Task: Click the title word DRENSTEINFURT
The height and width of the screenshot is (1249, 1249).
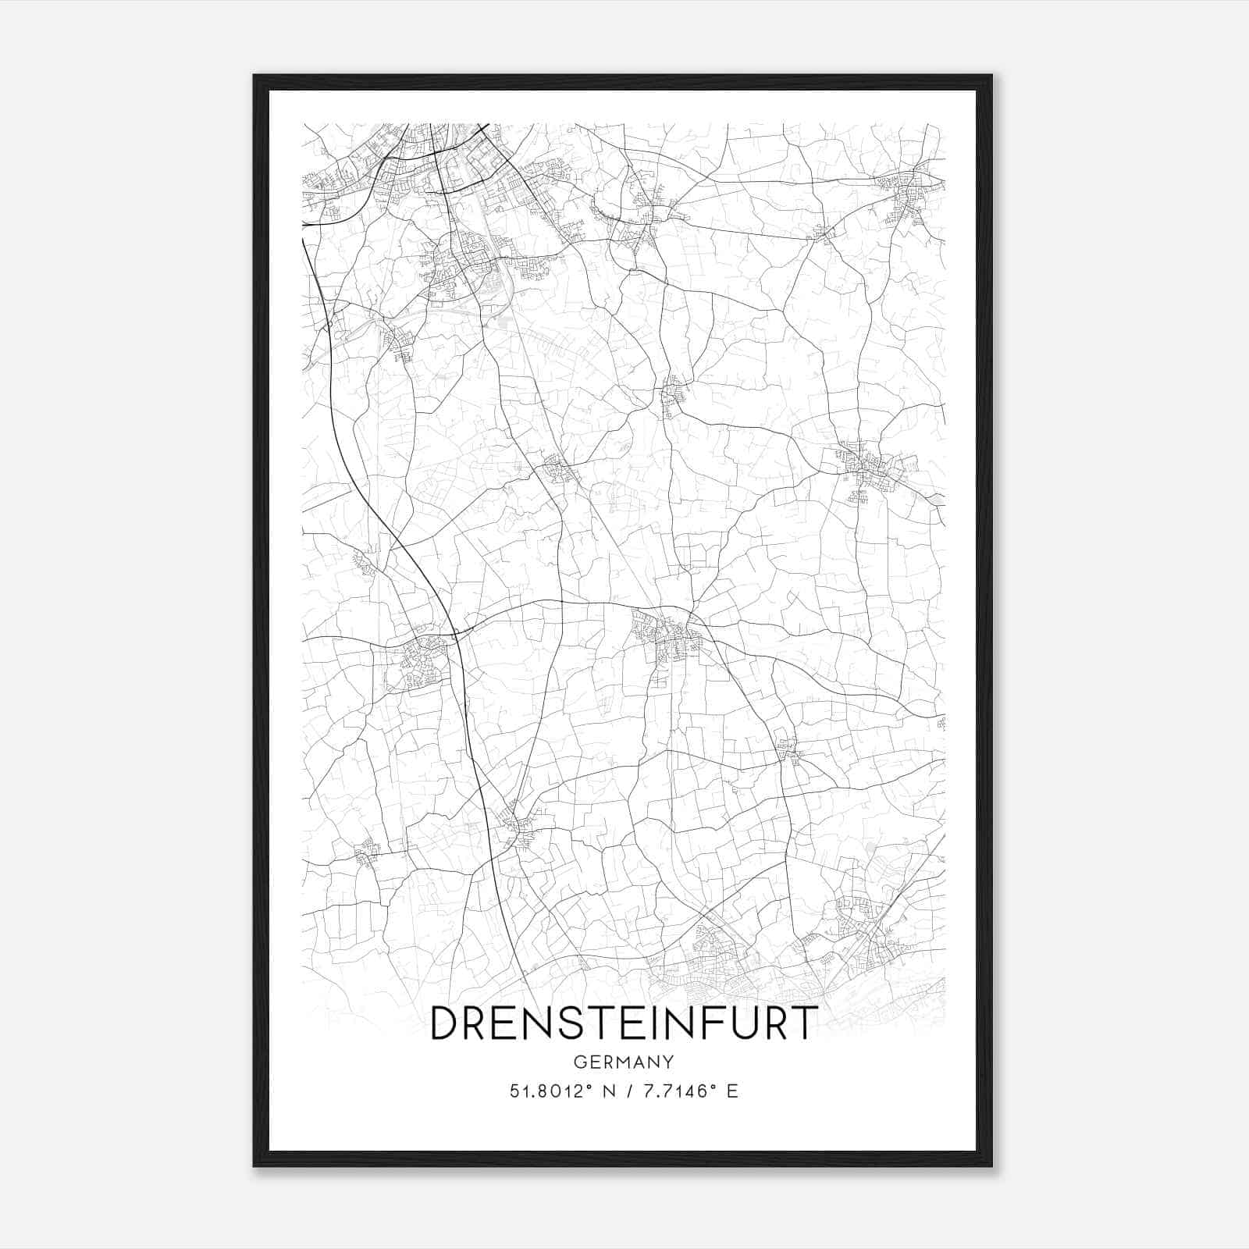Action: (x=623, y=1022)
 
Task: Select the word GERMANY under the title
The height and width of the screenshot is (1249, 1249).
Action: (x=623, y=1062)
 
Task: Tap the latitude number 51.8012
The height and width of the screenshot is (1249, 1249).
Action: (x=544, y=1091)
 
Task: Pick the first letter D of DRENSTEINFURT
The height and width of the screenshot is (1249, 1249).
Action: (x=446, y=1023)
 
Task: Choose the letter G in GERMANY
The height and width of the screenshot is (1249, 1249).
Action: (x=579, y=1062)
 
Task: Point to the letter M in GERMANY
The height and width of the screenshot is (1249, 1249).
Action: (x=623, y=1062)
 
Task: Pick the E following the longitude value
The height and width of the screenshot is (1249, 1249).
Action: (x=732, y=1091)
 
